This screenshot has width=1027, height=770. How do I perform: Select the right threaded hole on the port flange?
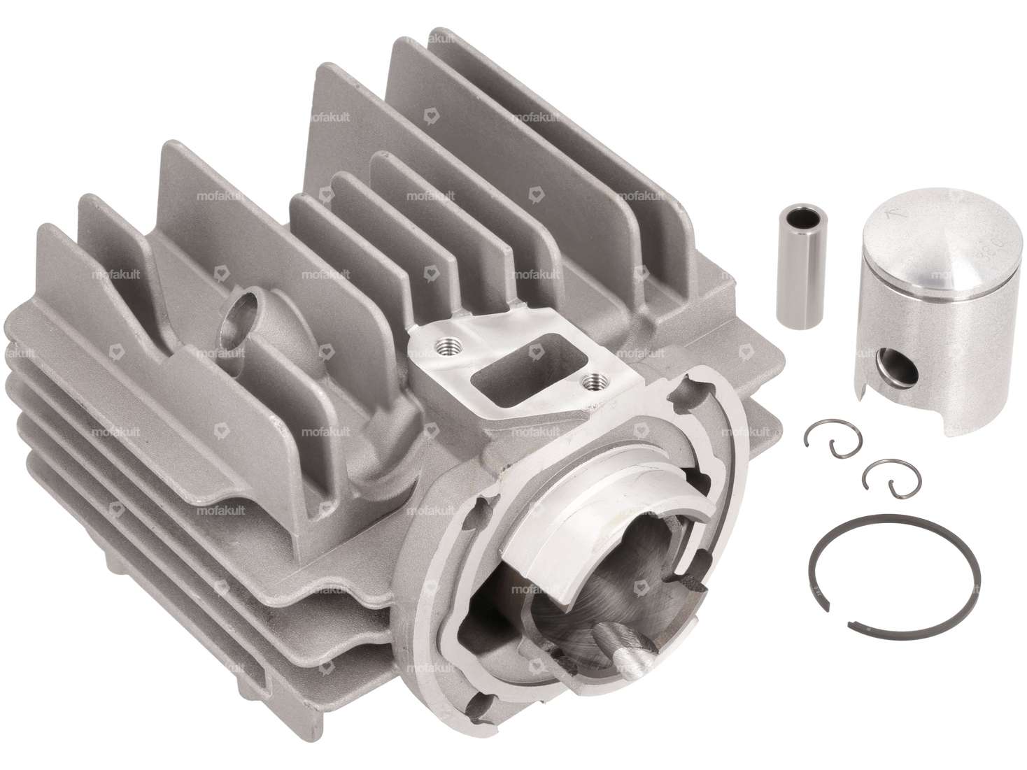[x=595, y=381]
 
